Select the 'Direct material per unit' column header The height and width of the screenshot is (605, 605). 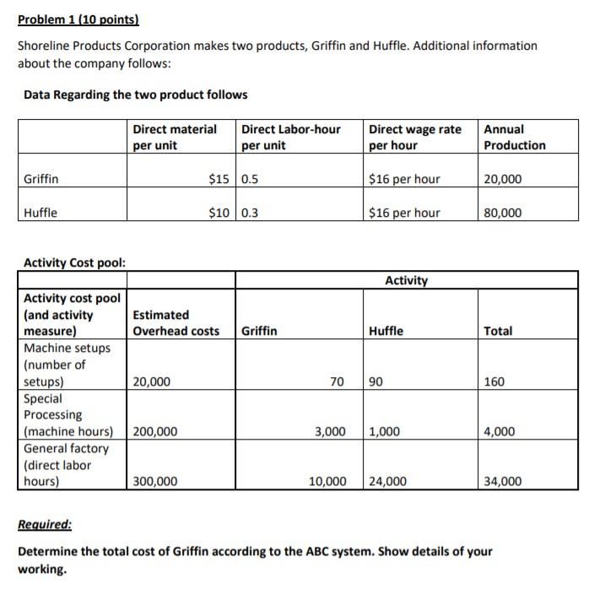[174, 138]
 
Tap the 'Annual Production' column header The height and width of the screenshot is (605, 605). [515, 138]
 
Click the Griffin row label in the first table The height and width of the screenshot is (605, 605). [41, 179]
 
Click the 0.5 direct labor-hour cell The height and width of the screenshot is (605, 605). [251, 179]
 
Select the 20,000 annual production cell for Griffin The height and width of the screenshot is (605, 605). [503, 179]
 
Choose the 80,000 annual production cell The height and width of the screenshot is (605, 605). [503, 213]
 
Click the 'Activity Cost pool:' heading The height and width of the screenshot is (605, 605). [75, 262]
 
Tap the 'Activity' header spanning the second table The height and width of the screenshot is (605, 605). [407, 280]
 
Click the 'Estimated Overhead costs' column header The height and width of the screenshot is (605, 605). [176, 322]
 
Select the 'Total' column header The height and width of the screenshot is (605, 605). [498, 331]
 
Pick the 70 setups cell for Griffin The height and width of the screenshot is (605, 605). [337, 381]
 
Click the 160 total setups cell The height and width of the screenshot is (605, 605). [494, 381]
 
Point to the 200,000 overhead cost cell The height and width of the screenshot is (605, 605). [155, 432]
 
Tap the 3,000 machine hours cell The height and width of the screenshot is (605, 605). [330, 432]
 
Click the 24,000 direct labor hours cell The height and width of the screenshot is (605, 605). [388, 482]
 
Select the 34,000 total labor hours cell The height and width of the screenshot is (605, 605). [503, 482]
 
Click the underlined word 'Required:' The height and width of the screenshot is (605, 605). [45, 525]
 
